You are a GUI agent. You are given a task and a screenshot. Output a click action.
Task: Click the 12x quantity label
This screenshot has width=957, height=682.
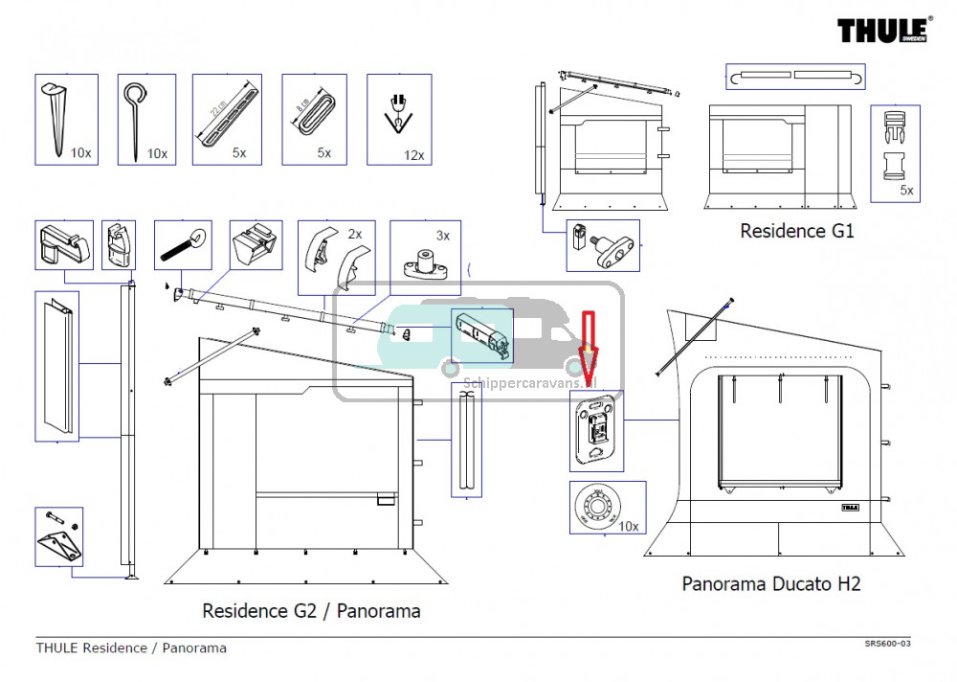[x=413, y=155]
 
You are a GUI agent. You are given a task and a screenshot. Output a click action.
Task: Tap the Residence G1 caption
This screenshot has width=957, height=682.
[x=796, y=231]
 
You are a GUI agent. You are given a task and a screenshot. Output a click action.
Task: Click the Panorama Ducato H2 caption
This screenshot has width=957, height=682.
[x=770, y=583]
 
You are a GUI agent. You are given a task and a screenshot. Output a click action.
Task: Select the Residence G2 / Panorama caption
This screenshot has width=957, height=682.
[x=311, y=611]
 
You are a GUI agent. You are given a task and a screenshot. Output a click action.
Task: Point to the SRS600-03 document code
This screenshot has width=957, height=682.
[x=885, y=644]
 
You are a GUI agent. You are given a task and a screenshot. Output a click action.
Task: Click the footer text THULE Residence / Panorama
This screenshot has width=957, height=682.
[x=131, y=648]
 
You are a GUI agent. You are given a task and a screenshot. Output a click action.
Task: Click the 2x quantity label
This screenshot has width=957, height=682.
[x=354, y=234]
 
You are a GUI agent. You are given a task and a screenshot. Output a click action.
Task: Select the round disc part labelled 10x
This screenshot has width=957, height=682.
[x=596, y=506]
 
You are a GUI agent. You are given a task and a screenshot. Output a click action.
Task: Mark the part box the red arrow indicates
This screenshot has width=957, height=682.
[x=596, y=434]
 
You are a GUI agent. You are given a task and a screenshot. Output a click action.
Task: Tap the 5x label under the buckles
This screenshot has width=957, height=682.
[x=906, y=191]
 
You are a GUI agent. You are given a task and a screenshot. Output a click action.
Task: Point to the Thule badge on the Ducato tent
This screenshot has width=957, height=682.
[x=850, y=507]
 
